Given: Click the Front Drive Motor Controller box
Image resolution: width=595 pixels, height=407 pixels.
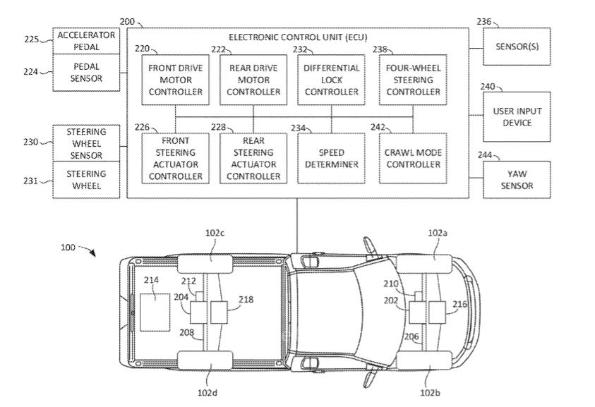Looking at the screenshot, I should click(175, 80).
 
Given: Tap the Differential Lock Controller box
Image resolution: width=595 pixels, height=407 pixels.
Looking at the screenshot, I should click(331, 80).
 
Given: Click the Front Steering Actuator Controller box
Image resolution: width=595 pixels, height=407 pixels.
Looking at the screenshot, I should click(175, 158).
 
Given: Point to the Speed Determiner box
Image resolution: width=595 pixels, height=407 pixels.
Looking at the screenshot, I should click(331, 158).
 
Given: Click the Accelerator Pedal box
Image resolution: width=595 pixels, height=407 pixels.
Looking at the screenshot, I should click(87, 41).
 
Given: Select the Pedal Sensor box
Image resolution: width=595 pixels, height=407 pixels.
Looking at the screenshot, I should click(87, 73).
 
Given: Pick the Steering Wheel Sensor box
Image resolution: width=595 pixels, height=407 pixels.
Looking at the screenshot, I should click(87, 143).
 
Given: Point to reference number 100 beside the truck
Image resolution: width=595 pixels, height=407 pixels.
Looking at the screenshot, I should click(68, 248).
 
